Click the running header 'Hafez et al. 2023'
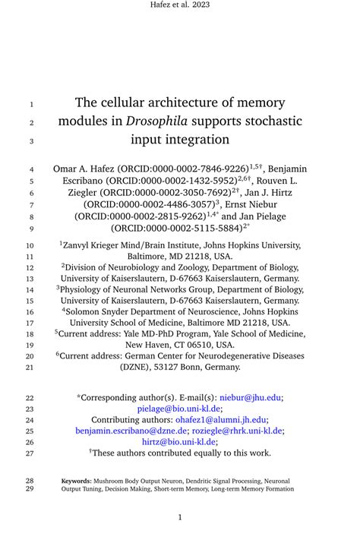pyautogui.click(x=180, y=5)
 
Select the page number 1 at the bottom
pyautogui.click(x=180, y=517)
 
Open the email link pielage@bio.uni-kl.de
pyautogui.click(x=178, y=409)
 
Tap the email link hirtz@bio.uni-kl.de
pyautogui.click(x=178, y=442)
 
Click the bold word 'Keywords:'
pyautogui.click(x=77, y=481)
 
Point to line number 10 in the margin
pyautogui.click(x=30, y=245)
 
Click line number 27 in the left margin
pyautogui.click(x=30, y=453)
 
